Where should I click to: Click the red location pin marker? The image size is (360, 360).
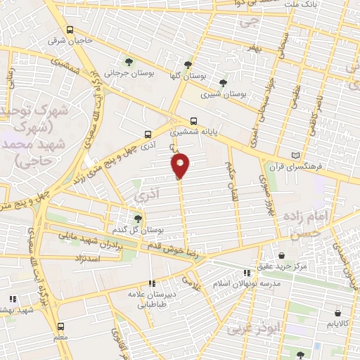click(181, 165)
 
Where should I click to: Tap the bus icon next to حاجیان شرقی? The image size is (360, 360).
click(70, 30)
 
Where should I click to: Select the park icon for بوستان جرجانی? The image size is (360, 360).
click(127, 60)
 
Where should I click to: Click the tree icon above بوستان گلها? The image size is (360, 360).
click(187, 63)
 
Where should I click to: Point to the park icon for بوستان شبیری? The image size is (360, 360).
click(224, 82)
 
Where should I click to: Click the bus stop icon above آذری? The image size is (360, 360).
click(148, 134)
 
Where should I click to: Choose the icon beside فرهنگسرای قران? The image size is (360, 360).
click(295, 155)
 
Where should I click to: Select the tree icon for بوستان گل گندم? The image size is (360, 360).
click(138, 219)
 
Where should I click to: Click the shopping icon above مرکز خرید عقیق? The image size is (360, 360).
click(281, 255)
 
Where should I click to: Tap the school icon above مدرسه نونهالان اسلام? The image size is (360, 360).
click(246, 272)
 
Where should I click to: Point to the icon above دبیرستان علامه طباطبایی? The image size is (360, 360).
click(153, 283)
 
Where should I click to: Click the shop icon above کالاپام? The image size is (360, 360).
click(339, 313)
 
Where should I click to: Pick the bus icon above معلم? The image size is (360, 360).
click(61, 326)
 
